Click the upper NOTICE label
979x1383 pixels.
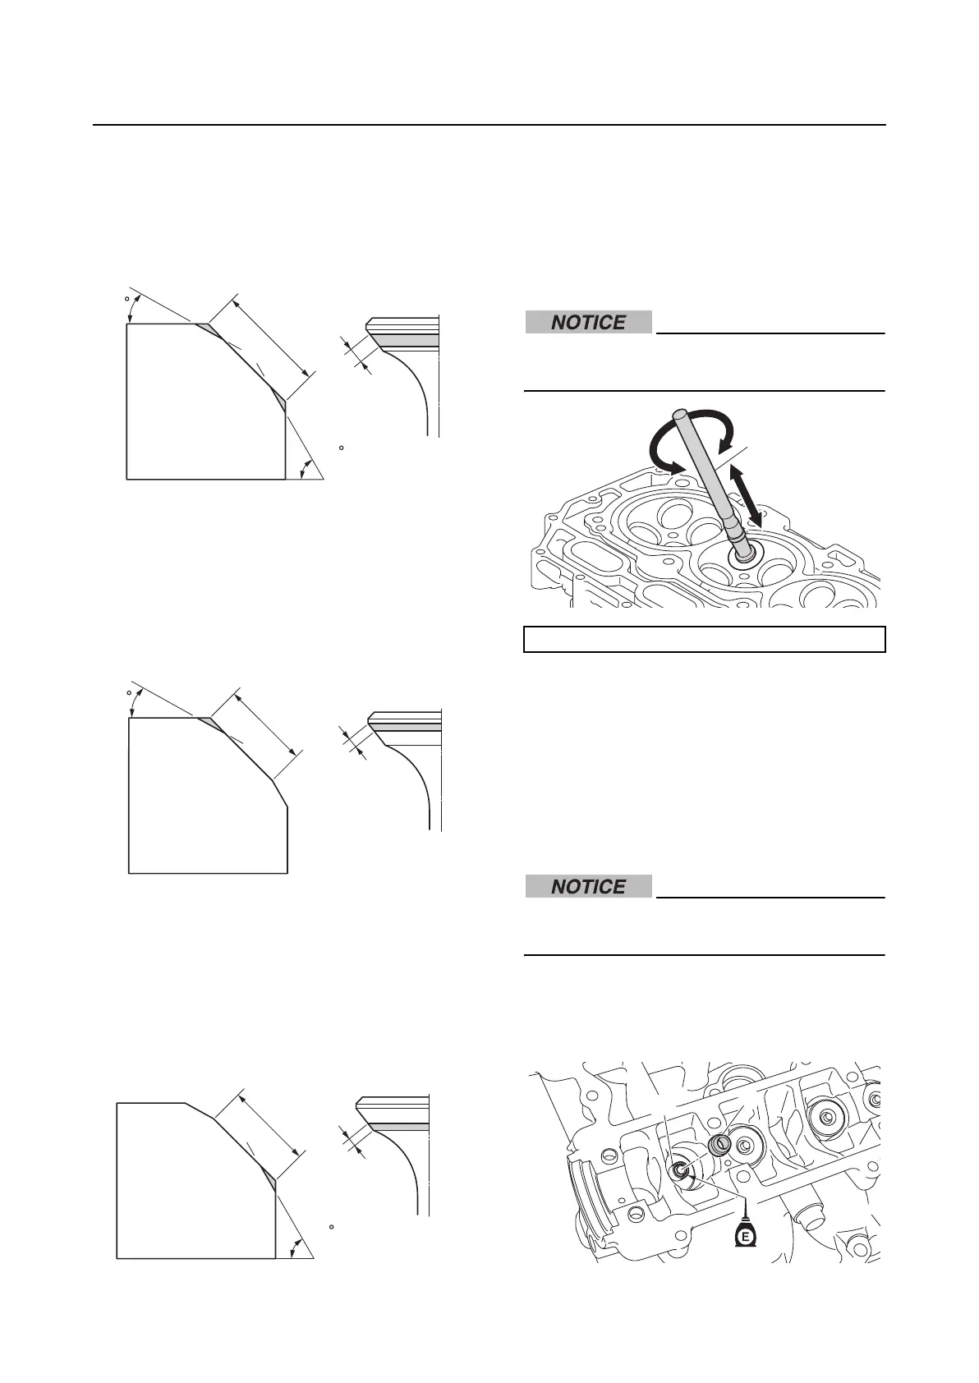click(x=588, y=323)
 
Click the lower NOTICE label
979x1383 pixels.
click(x=588, y=887)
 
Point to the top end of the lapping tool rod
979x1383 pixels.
click(x=679, y=415)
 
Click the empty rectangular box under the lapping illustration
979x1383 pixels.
click(x=704, y=639)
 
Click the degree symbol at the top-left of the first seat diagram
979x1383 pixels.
click(x=127, y=299)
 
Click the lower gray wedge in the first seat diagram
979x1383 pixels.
click(x=279, y=397)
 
